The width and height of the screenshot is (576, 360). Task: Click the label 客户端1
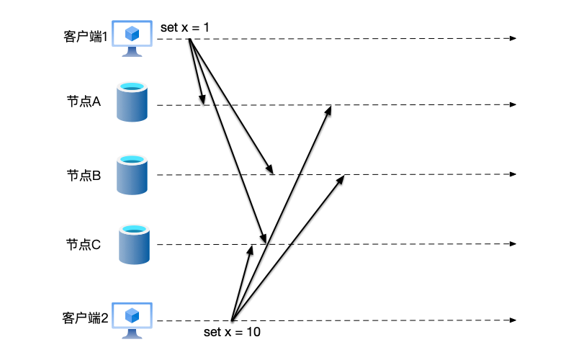(86, 37)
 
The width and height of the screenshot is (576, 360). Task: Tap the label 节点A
(84, 102)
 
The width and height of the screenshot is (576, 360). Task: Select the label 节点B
(84, 174)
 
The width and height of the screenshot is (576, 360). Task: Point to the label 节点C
(84, 244)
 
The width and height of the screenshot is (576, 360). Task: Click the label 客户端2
(85, 318)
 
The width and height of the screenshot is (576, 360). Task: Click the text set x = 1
(185, 27)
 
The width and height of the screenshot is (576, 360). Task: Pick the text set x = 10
(232, 333)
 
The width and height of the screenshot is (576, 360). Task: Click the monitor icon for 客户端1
(132, 36)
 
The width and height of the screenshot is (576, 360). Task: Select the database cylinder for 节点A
(132, 102)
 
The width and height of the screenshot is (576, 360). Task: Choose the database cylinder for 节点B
(132, 174)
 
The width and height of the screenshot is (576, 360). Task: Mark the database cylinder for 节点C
(132, 244)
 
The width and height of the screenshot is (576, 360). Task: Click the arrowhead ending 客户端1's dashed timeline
(513, 37)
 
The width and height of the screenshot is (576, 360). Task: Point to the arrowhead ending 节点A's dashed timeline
(513, 105)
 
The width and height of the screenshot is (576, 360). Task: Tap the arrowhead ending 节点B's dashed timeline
(513, 174)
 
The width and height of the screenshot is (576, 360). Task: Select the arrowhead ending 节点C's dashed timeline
(513, 244)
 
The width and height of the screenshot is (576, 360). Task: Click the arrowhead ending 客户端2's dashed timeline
(513, 320)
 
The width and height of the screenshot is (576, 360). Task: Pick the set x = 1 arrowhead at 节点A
(203, 102)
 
